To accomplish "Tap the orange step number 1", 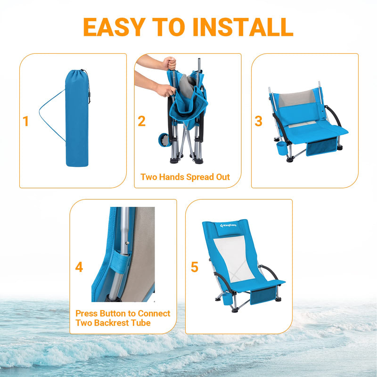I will pos(26,122).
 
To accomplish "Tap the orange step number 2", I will pos(141,122).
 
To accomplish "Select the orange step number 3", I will pos(258,122).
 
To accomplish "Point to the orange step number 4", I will pos(79,268).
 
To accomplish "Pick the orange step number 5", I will pos(195,268).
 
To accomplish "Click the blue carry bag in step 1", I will pos(76,120).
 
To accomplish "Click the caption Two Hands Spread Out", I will pos(185,177).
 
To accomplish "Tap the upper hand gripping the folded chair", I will pos(168,63).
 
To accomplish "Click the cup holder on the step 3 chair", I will pos(281,148).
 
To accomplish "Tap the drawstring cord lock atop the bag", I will pos(88,99).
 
